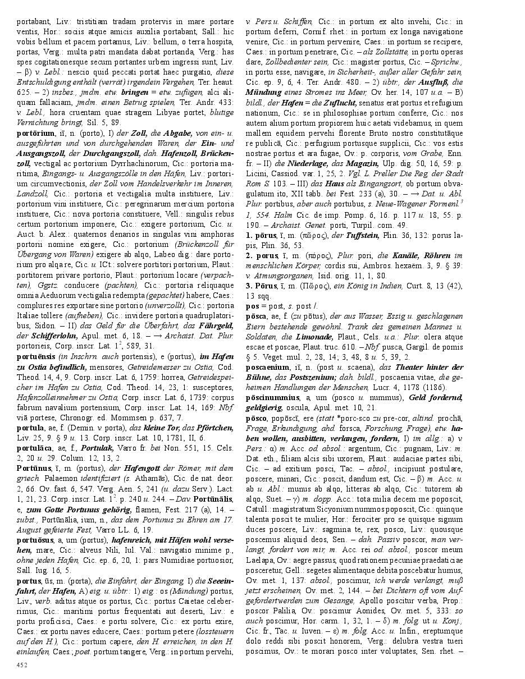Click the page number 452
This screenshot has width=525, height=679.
[22, 666]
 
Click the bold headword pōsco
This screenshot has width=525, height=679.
[257, 419]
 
